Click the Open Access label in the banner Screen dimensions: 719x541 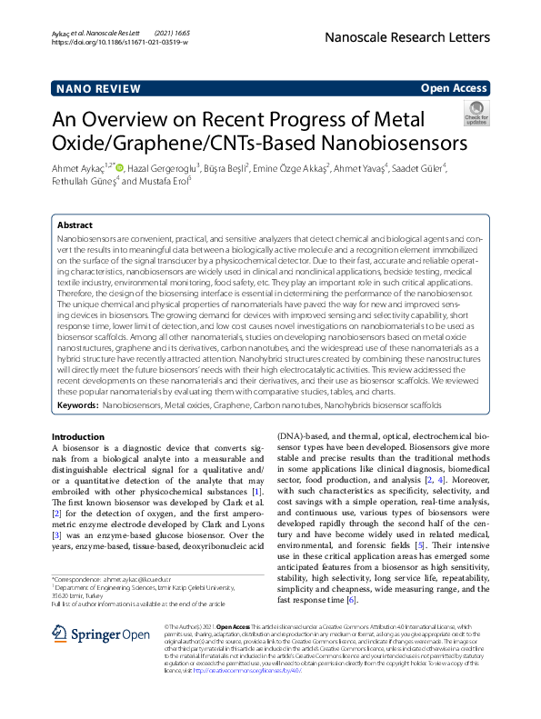coord(454,88)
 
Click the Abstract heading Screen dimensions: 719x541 coord(75,225)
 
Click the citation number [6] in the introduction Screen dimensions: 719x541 coord(352,601)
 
